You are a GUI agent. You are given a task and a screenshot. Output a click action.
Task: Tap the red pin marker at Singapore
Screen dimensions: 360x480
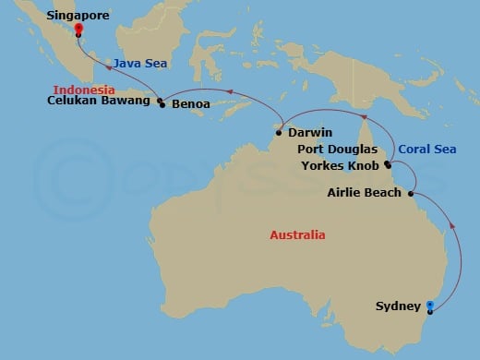click(78, 30)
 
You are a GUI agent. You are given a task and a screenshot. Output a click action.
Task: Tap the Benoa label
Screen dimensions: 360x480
click(191, 104)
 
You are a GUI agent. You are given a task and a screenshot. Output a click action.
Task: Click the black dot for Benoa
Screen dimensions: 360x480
click(164, 105)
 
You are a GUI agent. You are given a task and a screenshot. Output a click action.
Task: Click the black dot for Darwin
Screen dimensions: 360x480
click(279, 133)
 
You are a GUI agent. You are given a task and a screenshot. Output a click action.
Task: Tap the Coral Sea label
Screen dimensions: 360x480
click(426, 149)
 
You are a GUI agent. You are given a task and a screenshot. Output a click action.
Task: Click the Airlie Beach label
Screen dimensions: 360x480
click(365, 193)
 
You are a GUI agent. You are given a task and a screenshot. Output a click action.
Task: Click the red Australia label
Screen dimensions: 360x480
click(297, 235)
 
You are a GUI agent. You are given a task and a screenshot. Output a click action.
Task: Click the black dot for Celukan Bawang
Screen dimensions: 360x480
click(160, 101)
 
